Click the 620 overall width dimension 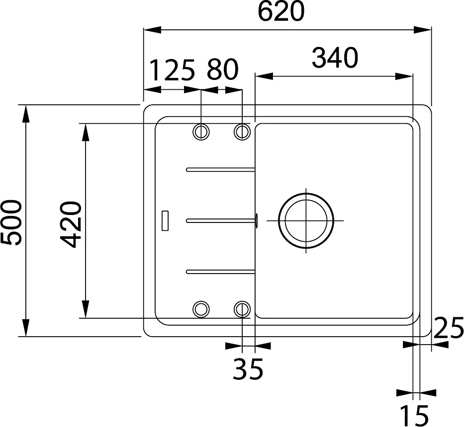(281, 11)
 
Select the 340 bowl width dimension (335, 58)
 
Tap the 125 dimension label (172, 70)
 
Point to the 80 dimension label (222, 70)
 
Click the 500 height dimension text (12, 222)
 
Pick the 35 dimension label (248, 369)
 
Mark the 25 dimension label (448, 328)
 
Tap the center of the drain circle (305, 220)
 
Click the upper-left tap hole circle (201, 132)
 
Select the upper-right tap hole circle (242, 132)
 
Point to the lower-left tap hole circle (201, 309)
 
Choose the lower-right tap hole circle (242, 309)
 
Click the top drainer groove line (221, 170)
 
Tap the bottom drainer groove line (221, 271)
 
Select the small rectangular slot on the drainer (165, 220)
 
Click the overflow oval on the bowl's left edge (256, 220)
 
